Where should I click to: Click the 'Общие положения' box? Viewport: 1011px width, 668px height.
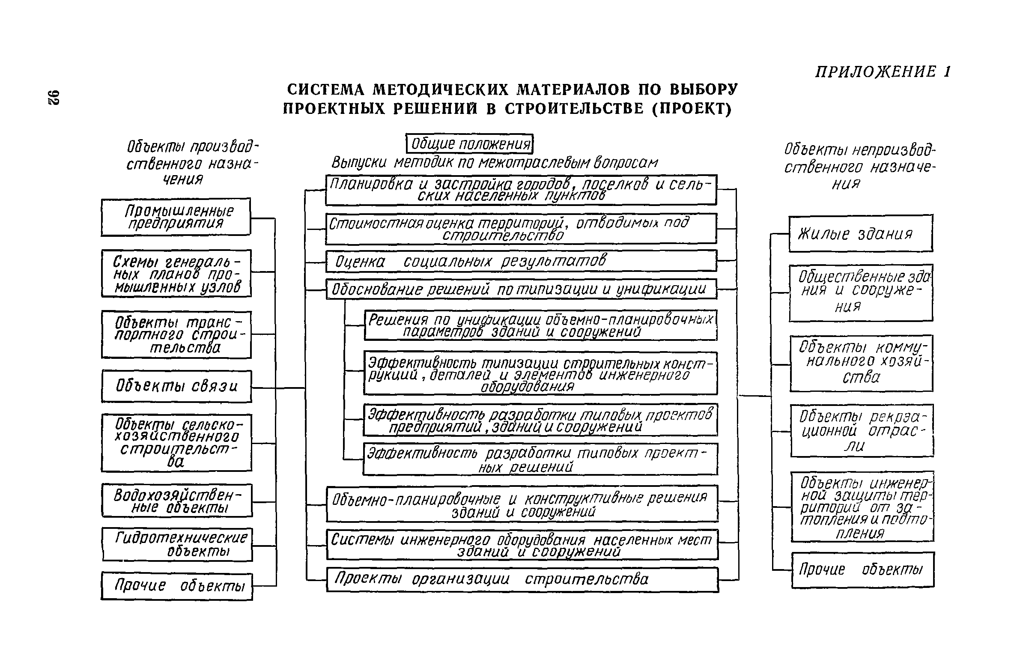tap(469, 144)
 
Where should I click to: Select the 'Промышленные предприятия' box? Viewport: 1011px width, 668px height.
tap(176, 217)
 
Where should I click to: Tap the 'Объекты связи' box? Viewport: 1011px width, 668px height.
tap(176, 386)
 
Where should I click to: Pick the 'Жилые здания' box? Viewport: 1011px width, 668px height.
tap(860, 233)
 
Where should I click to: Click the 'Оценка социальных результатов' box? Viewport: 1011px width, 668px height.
tap(521, 261)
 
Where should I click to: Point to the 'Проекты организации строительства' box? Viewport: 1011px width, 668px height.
tap(522, 579)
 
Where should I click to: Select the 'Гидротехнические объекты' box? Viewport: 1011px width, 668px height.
tap(177, 544)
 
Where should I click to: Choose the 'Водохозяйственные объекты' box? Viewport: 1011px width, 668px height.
tap(177, 501)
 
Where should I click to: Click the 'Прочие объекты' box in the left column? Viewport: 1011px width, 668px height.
tap(177, 586)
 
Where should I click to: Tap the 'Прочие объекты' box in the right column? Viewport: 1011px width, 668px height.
tap(862, 570)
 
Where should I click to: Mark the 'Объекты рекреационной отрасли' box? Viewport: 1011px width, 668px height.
tap(862, 430)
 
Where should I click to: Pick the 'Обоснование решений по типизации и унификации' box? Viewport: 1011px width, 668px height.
tap(521, 289)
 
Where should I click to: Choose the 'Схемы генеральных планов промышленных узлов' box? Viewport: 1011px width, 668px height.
tap(176, 273)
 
